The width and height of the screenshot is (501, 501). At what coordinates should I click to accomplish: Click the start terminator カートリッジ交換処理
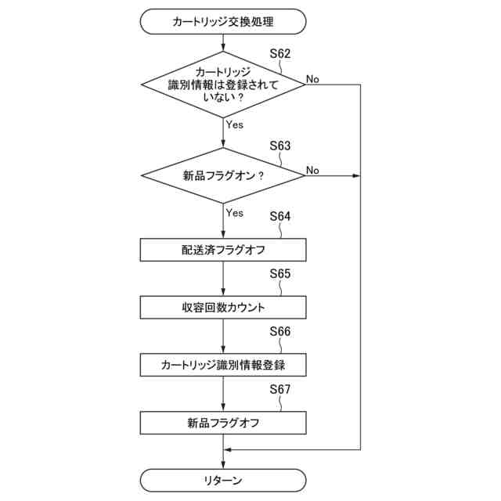pos(223,22)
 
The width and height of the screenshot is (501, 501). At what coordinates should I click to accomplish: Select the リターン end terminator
pos(223,479)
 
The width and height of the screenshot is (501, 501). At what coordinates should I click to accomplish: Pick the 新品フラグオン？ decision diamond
pos(223,176)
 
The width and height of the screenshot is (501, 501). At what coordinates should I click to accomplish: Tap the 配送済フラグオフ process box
pos(223,250)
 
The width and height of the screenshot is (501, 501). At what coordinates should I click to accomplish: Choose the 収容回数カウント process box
pos(223,308)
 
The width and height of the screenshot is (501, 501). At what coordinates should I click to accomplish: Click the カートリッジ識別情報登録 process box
pos(223,366)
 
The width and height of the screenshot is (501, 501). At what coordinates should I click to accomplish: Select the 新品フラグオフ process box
pos(223,423)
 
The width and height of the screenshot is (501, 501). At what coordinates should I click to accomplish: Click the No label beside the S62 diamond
pos(312,78)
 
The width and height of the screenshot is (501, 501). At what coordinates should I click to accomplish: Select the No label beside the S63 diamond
pos(312,170)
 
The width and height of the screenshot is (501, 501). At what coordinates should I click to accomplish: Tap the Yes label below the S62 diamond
pos(234,124)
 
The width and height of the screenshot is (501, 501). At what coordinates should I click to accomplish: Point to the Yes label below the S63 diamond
pos(234,213)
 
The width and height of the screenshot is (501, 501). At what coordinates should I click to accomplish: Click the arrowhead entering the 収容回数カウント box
pos(223,292)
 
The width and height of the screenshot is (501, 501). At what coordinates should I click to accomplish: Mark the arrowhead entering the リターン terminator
pos(223,465)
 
